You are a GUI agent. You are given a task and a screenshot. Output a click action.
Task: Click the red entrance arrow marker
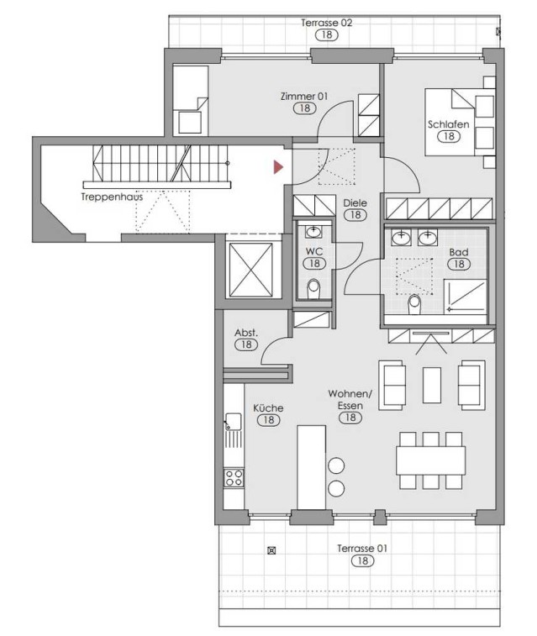(x=278, y=166)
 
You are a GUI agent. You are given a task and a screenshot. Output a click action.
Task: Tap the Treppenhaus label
(x=112, y=197)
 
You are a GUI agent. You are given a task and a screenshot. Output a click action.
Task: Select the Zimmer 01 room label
(x=304, y=97)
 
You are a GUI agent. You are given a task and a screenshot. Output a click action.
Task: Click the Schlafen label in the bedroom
(x=448, y=124)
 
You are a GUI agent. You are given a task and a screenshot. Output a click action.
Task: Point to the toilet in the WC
(x=313, y=290)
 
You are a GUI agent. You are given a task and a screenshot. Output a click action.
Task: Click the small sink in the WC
(x=313, y=232)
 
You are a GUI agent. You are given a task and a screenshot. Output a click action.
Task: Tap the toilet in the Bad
(x=414, y=305)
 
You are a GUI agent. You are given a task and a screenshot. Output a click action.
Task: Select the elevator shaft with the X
(x=251, y=270)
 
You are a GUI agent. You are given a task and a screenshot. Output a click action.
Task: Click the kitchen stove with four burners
(x=234, y=477)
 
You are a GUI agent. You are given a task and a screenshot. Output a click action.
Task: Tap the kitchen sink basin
(x=234, y=422)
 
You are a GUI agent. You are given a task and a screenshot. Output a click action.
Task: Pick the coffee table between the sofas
(x=432, y=385)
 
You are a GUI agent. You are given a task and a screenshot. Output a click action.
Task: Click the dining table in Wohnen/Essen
(x=431, y=460)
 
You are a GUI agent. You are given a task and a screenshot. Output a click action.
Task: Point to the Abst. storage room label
(x=245, y=333)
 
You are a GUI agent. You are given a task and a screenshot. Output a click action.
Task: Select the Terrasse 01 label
(x=362, y=549)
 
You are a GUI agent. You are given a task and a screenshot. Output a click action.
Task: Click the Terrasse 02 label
(x=327, y=23)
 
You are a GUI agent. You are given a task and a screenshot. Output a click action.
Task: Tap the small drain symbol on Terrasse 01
(x=271, y=550)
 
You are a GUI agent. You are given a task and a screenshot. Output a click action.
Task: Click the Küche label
(x=268, y=408)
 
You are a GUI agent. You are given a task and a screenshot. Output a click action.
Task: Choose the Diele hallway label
(x=355, y=202)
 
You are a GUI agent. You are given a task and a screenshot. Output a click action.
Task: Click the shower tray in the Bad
(x=466, y=297)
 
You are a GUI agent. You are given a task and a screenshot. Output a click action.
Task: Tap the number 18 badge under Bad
(x=459, y=264)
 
